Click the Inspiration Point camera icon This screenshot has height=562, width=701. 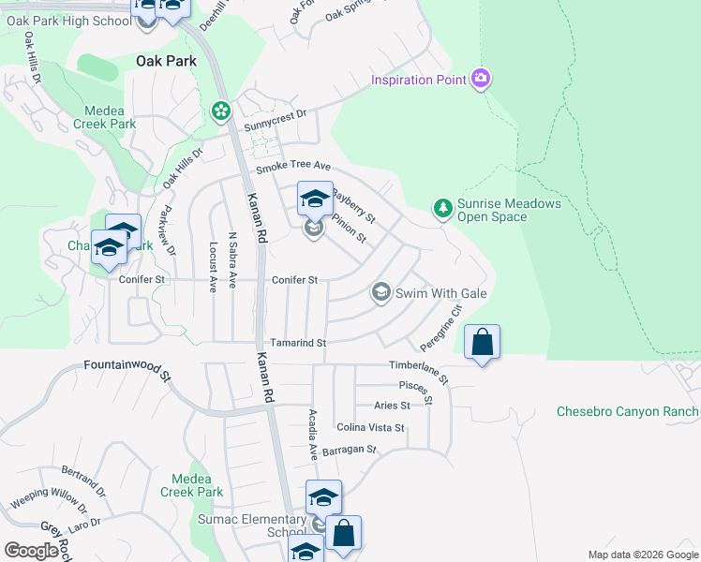tap(481, 79)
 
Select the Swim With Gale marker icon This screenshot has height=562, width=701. tap(380, 293)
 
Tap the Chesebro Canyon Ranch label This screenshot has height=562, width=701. tap(627, 411)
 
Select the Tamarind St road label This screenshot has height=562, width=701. tap(297, 344)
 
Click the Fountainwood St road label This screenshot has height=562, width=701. tap(127, 370)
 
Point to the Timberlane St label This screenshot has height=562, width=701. tap(420, 369)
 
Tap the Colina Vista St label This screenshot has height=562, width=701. tap(370, 428)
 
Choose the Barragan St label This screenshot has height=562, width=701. tap(349, 451)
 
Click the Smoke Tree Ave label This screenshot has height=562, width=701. tap(294, 169)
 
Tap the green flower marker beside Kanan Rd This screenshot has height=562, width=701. tap(221, 111)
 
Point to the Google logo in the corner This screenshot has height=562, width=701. tap(31, 551)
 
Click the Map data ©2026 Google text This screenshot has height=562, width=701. tap(642, 555)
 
